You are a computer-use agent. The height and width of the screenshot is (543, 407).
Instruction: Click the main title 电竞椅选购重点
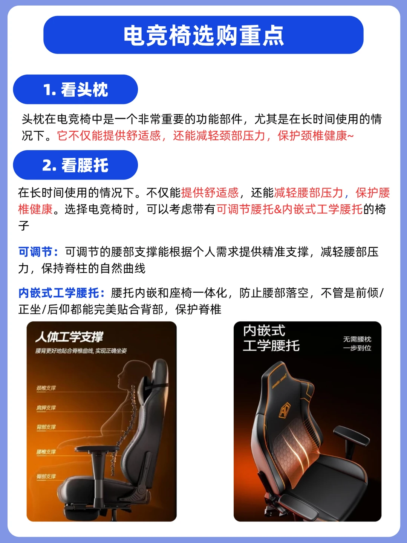coord(203,35)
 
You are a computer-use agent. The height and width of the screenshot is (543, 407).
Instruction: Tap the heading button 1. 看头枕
coord(75,89)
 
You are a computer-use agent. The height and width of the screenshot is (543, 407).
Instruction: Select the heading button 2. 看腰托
coord(75,165)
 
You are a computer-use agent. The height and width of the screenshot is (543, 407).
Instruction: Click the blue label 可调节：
coord(38,252)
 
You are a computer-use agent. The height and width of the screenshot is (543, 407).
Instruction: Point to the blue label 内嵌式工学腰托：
coord(62,293)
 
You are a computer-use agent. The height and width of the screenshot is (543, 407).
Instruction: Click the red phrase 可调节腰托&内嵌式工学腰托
coord(289,209)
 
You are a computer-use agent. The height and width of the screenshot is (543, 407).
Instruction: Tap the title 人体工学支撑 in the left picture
coord(69,337)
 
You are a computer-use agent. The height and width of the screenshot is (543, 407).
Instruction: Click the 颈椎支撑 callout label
coord(46,388)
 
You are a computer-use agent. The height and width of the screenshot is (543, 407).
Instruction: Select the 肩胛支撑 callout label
coord(46,408)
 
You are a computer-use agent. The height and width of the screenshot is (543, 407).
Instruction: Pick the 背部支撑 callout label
coord(46,427)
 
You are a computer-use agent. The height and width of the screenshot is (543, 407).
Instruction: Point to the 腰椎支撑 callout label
coord(46,452)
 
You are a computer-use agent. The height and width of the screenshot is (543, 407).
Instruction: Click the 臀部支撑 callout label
coord(46,476)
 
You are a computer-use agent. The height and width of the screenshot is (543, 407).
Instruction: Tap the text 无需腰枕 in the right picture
coord(357,339)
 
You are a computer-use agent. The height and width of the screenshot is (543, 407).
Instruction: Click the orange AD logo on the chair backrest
coord(285,411)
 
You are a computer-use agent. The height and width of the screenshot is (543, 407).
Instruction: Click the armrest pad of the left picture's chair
coord(97,448)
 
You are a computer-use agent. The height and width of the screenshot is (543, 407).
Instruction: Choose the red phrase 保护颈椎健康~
coord(316,135)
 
